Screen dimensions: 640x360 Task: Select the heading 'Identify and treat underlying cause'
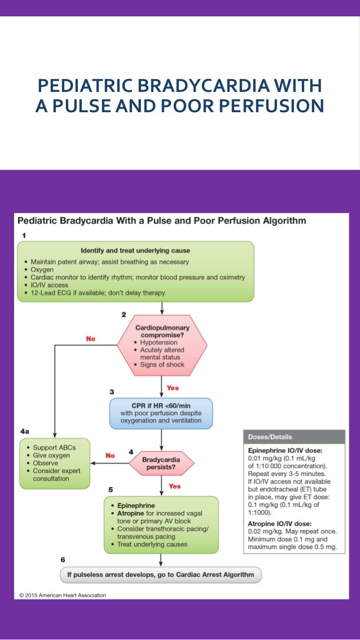(135, 250)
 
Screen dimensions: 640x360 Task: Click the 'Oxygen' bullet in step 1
(43, 270)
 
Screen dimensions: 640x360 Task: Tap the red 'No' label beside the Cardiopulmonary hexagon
(90, 338)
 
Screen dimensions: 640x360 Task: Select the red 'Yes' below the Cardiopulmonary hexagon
(173, 388)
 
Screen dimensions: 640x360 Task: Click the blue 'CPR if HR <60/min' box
(161, 413)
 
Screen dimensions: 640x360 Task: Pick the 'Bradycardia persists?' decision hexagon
(161, 464)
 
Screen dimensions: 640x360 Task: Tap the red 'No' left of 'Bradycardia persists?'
(110, 455)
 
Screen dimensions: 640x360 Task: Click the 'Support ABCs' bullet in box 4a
(54, 447)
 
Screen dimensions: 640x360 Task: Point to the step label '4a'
(24, 431)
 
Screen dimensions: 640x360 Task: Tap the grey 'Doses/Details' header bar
(294, 437)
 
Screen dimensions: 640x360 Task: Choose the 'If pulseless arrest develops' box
(161, 575)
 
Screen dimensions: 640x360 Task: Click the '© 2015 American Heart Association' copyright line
(62, 594)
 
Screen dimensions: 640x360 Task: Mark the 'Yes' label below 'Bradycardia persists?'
(174, 485)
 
